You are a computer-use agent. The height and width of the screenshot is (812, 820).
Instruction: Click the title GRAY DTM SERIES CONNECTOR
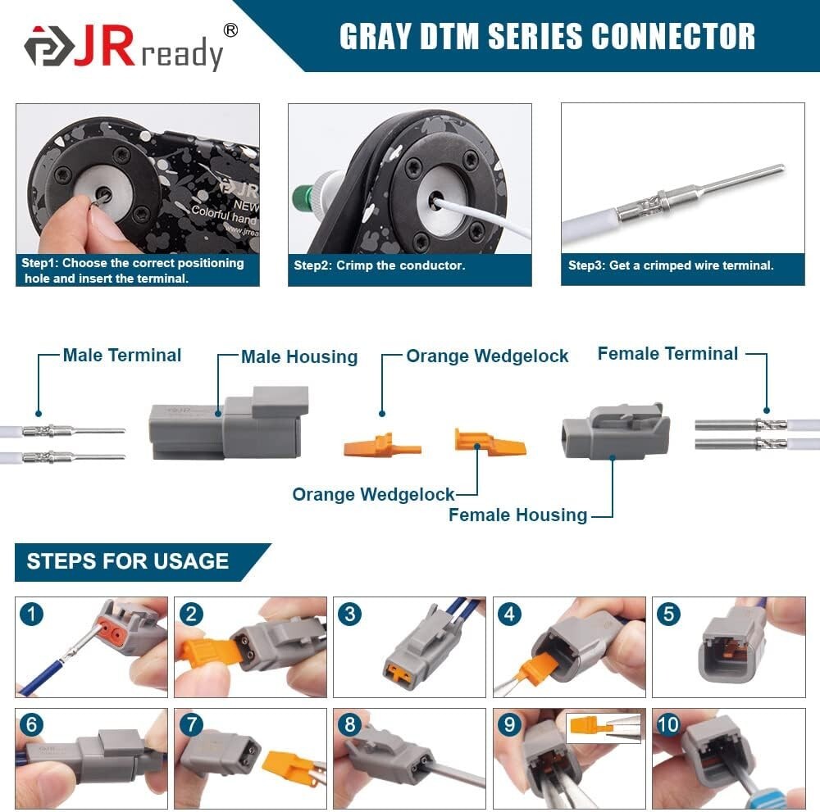[547, 36]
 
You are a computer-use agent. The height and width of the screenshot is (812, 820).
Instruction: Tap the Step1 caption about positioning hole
[133, 270]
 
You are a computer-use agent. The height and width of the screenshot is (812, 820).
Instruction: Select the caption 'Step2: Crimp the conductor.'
[380, 265]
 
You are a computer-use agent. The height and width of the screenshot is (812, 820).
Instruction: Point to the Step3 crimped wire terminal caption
[671, 265]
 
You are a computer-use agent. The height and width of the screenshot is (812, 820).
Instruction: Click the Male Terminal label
[122, 355]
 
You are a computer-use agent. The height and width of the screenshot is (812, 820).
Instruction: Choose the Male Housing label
[299, 356]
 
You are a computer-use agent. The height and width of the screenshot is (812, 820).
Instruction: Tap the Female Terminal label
[667, 353]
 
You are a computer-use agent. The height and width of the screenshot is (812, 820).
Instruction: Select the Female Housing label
[517, 515]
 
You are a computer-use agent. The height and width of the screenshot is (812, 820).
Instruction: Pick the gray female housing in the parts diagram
[615, 431]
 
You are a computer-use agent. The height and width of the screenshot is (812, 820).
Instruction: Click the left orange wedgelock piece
[381, 447]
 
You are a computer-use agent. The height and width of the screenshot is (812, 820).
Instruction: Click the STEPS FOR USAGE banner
[128, 561]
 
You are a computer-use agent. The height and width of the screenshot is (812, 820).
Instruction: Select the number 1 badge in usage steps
[31, 613]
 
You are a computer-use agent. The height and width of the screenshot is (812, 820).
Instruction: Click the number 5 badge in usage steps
[668, 613]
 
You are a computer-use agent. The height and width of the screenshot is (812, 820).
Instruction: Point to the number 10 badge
[668, 725]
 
